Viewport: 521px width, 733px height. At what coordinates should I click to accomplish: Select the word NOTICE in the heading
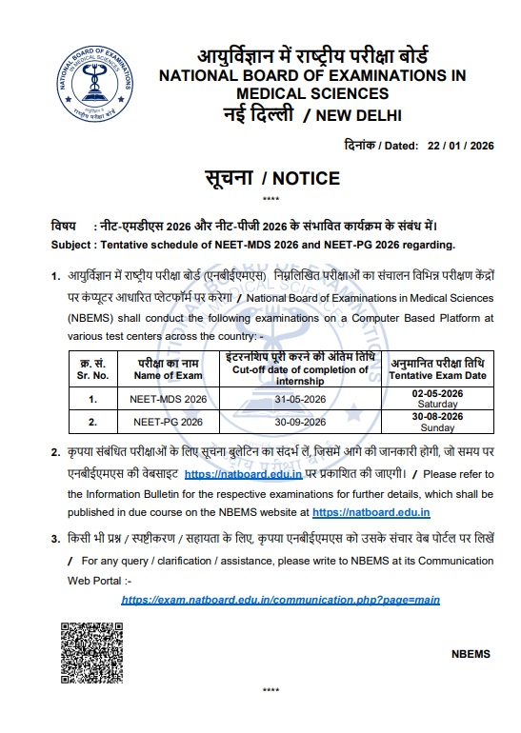(x=306, y=177)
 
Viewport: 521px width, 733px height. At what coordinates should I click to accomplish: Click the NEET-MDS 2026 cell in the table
(x=168, y=399)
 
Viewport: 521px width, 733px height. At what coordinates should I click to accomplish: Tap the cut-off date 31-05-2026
(x=300, y=399)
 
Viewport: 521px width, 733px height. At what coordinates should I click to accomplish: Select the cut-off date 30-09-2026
(x=300, y=421)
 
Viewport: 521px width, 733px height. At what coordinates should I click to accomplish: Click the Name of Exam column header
(x=168, y=373)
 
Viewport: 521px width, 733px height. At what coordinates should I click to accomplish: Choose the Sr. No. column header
(x=92, y=373)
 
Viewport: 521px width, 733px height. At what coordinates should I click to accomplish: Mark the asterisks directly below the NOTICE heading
(x=270, y=199)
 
